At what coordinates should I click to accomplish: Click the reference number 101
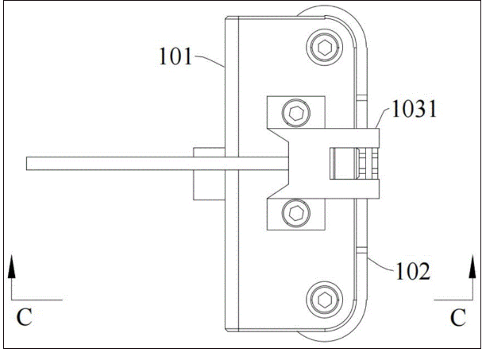pos(175,56)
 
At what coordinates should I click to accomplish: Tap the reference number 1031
pos(415,109)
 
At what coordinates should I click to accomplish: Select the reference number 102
pos(413,271)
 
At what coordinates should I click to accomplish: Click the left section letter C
pos(24,317)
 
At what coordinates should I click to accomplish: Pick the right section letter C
pos(457,318)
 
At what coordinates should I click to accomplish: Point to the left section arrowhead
pos(11,266)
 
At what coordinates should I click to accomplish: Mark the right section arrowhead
pos(472,266)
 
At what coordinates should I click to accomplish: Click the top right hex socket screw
pos(325,48)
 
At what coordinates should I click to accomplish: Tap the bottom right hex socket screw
pos(325,300)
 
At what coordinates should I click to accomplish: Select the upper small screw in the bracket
pos(296,113)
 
